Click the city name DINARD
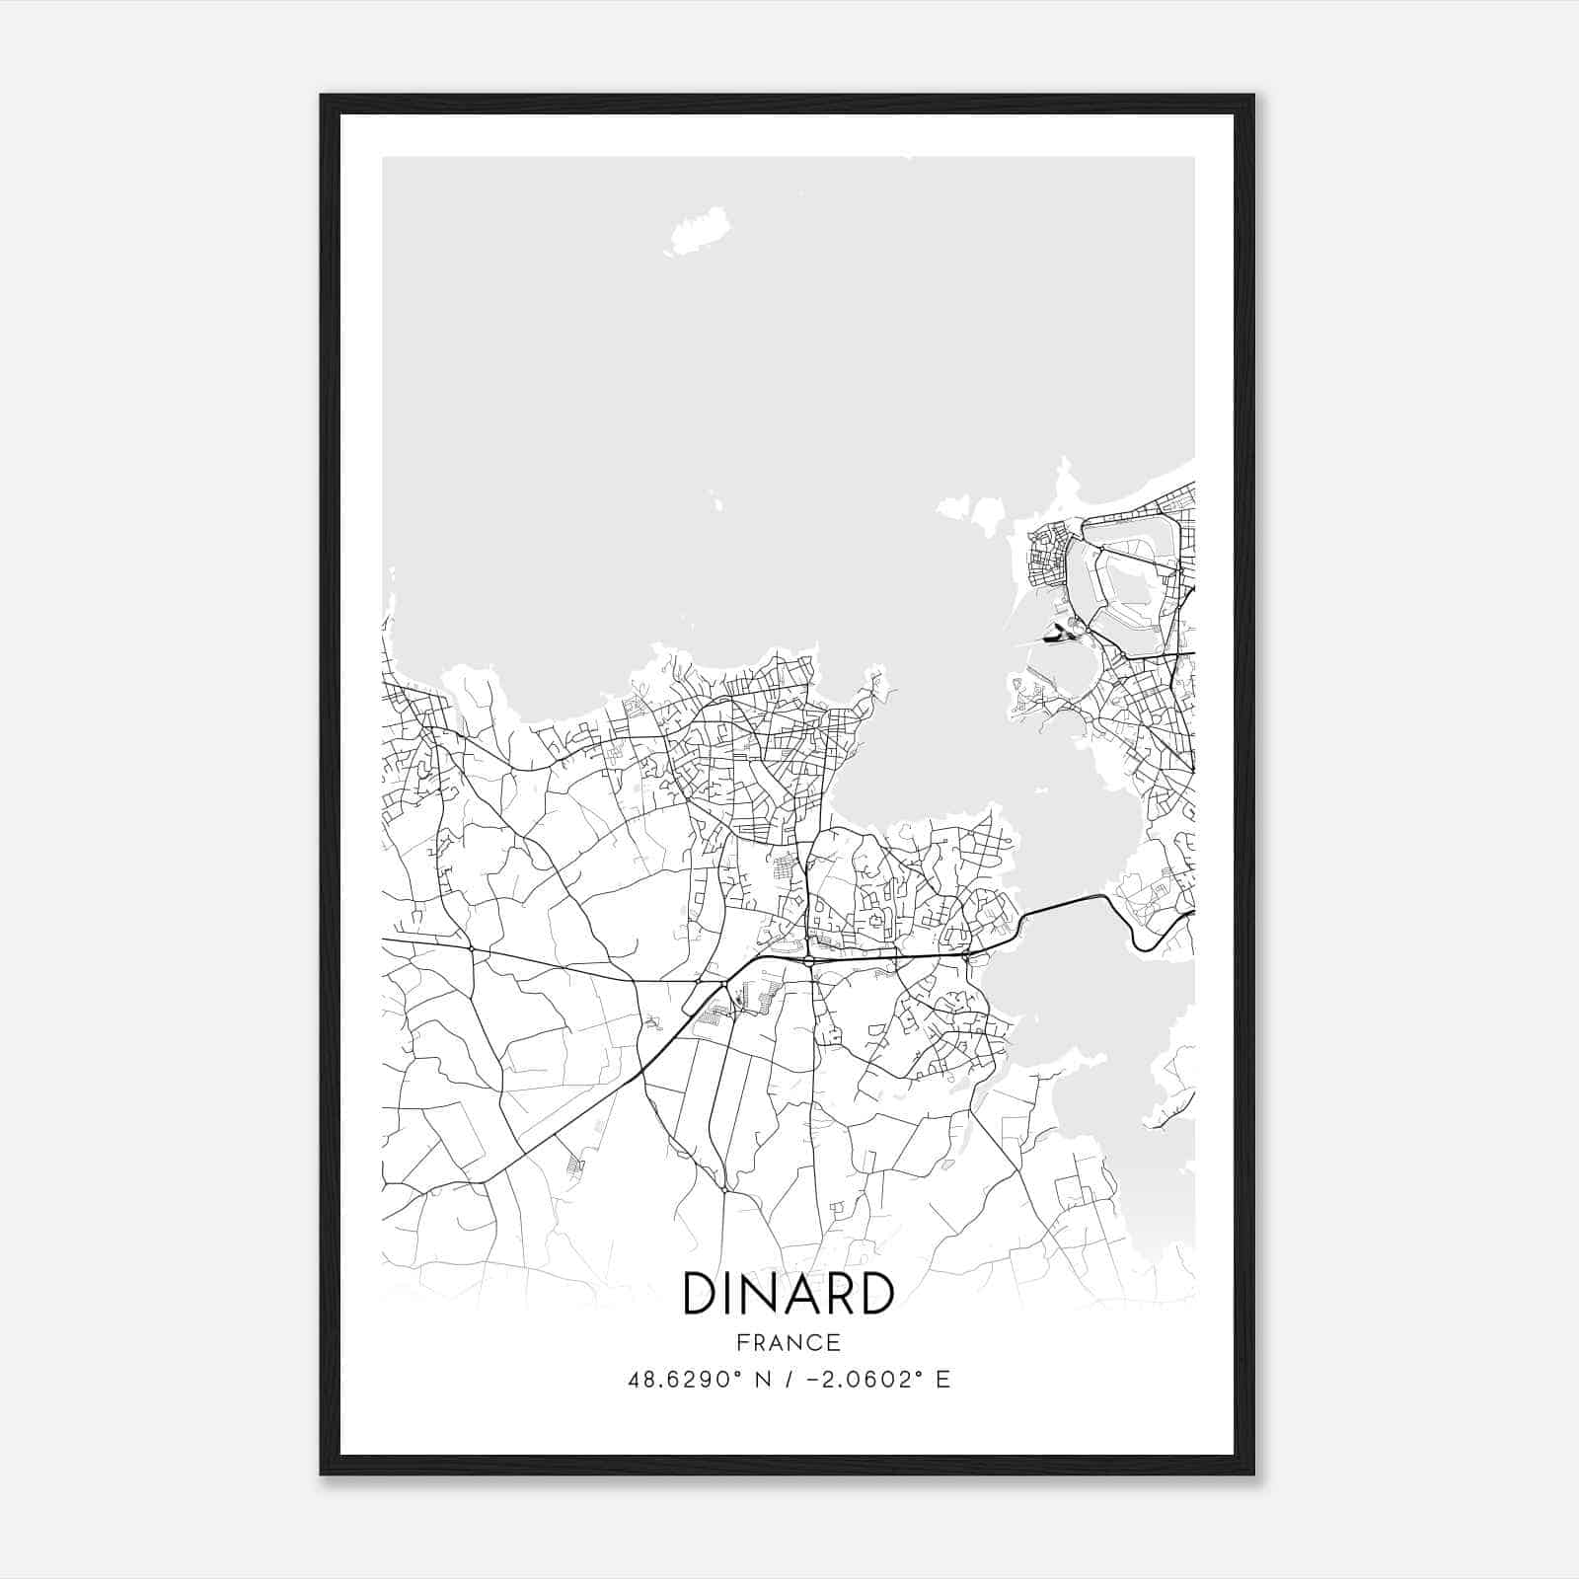788,1294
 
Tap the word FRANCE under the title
788,1342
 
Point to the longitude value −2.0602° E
870,1380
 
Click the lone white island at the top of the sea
701,231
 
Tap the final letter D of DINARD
874,1294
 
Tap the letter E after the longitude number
943,1380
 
